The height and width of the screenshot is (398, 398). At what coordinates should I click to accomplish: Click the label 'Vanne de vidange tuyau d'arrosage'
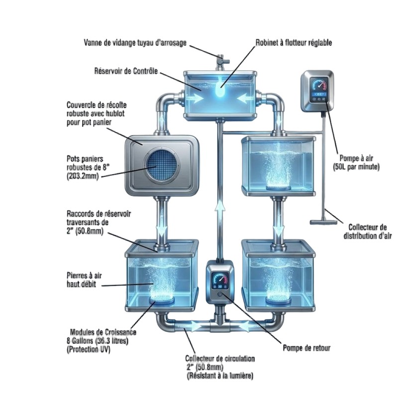135,43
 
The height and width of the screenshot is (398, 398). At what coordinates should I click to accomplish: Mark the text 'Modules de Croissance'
103,332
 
